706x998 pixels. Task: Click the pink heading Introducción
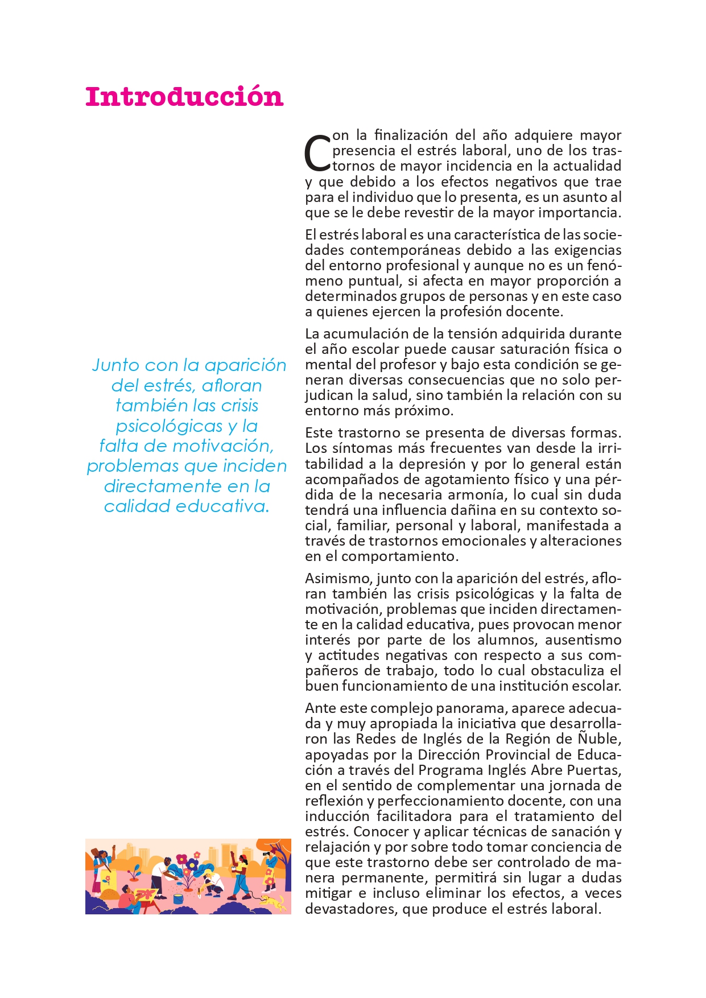coord(184,97)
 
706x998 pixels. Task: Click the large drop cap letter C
coord(317,153)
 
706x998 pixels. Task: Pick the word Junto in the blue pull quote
coord(115,365)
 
